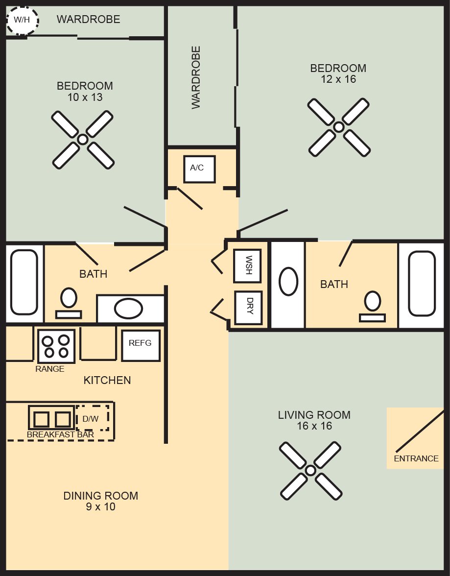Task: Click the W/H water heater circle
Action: click(22, 20)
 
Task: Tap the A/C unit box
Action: click(199, 169)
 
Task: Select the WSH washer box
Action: click(248, 265)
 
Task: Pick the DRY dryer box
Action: click(249, 308)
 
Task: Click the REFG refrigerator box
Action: click(141, 345)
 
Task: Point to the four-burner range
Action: click(56, 346)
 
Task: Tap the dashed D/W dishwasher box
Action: click(93, 418)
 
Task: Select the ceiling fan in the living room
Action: click(310, 471)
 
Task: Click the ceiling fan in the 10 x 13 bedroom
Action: click(83, 140)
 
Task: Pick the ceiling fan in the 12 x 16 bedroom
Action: click(339, 127)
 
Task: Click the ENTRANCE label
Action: click(416, 458)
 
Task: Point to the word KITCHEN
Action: click(107, 380)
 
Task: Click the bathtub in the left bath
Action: click(24, 282)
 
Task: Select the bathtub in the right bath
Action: click(422, 284)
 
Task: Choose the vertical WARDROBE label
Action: click(196, 77)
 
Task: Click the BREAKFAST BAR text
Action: click(61, 434)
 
